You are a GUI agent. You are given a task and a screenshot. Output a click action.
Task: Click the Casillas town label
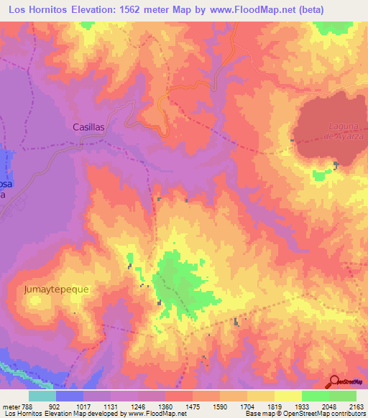tap(89, 126)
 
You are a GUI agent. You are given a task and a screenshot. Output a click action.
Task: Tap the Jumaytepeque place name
tap(57, 289)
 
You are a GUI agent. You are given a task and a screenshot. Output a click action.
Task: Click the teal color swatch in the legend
tap(42, 396)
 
